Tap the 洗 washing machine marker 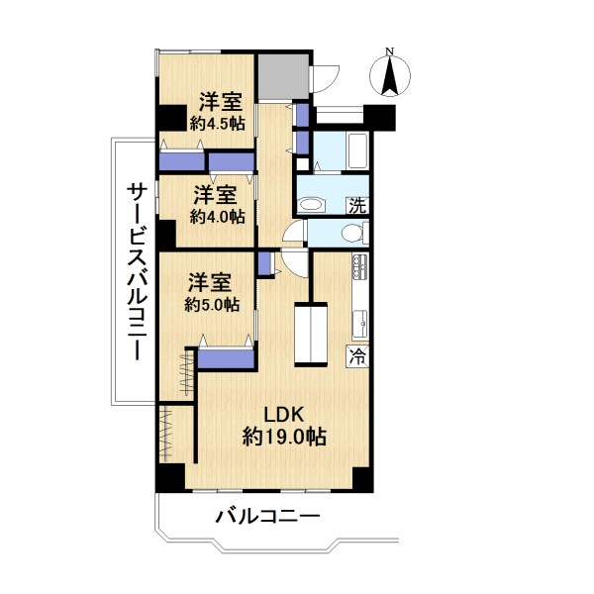pos(357,205)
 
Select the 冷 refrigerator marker pos(357,356)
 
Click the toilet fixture pos(354,234)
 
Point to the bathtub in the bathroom pos(357,151)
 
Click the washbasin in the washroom pos(312,205)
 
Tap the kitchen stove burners pos(360,266)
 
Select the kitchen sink pos(360,324)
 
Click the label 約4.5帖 pos(217,124)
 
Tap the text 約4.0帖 pos(217,217)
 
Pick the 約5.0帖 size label pos(212,304)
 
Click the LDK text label pos(284,415)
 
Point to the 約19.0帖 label pos(284,438)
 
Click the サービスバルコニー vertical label pos(137,271)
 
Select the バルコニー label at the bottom pos(268,516)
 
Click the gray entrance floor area pos(283,76)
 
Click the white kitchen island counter pos(311,334)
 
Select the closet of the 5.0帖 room pos(226,358)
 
